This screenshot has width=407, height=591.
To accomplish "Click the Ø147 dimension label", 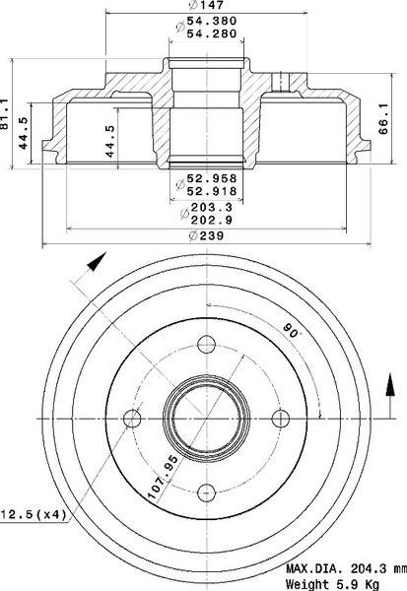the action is pyautogui.click(x=206, y=5).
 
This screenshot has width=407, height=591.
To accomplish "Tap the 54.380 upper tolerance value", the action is pyautogui.click(x=212, y=21).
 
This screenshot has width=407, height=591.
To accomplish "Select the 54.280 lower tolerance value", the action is pyautogui.click(x=212, y=33).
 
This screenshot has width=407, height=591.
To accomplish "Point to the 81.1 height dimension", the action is pyautogui.click(x=5, y=114).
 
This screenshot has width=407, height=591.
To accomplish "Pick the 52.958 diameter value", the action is pyautogui.click(x=212, y=178).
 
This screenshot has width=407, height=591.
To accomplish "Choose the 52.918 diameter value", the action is pyautogui.click(x=212, y=191).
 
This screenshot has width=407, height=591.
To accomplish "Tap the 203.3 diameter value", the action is pyautogui.click(x=212, y=207).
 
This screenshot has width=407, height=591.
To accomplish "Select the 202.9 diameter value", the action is pyautogui.click(x=212, y=220).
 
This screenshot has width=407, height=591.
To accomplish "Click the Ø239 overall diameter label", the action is pyautogui.click(x=206, y=236).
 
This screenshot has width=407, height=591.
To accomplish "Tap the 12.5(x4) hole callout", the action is pyautogui.click(x=34, y=514).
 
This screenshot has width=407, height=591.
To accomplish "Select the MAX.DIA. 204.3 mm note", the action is pyautogui.click(x=346, y=568).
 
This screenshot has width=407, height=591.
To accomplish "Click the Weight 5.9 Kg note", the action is pyautogui.click(x=332, y=584).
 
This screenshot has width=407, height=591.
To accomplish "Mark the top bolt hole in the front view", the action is pyautogui.click(x=206, y=344).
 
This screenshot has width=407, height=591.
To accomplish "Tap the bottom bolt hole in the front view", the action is pyautogui.click(x=206, y=492).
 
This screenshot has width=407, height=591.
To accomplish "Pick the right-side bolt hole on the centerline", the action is pyautogui.click(x=281, y=419).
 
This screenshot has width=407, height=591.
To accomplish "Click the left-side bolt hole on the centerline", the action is pyautogui.click(x=132, y=419).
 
